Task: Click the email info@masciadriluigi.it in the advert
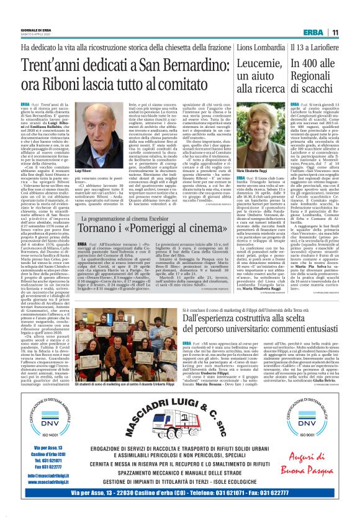(x=40, y=476)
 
